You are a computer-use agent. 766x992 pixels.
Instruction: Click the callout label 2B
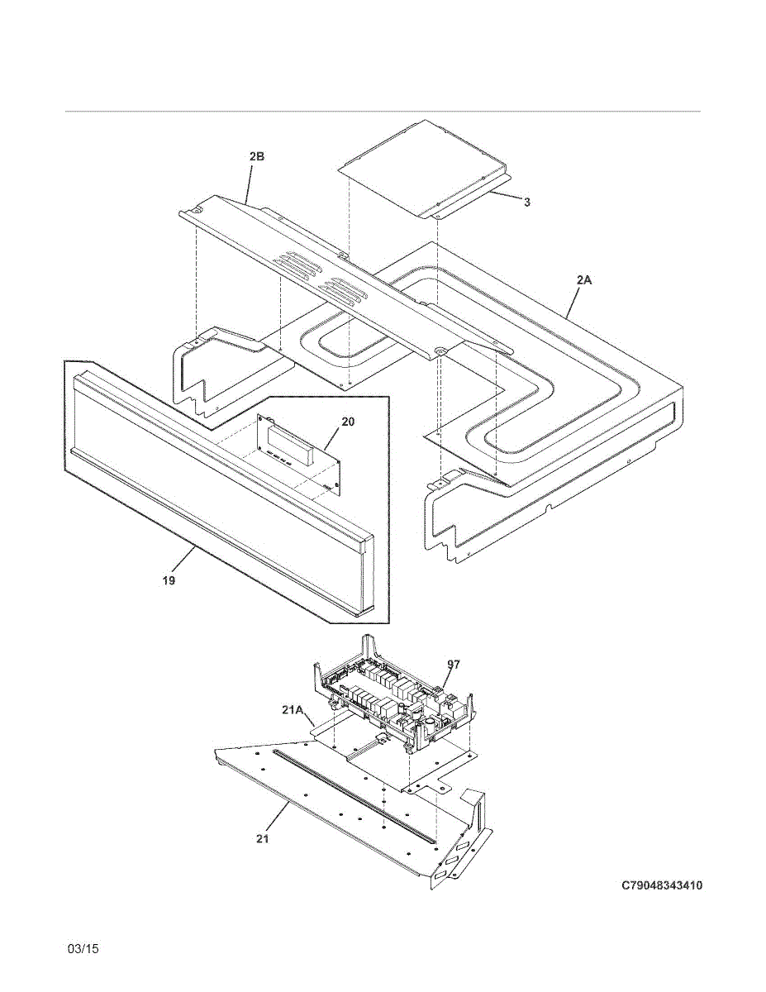pos(257,156)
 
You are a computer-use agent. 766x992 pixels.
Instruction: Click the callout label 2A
pos(584,281)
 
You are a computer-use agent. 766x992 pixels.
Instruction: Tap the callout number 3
pos(526,202)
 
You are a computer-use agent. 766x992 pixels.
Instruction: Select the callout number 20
pos(348,422)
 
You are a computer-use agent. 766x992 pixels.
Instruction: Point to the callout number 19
pos(169,581)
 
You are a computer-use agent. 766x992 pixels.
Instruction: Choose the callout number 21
pos(262,838)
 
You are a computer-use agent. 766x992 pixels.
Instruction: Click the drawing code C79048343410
pos(662,886)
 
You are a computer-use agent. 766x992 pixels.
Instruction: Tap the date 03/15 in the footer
pos(83,949)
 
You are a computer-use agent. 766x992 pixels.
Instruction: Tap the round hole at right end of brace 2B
pos(439,353)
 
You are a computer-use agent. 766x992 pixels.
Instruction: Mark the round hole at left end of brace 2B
pos(198,211)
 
